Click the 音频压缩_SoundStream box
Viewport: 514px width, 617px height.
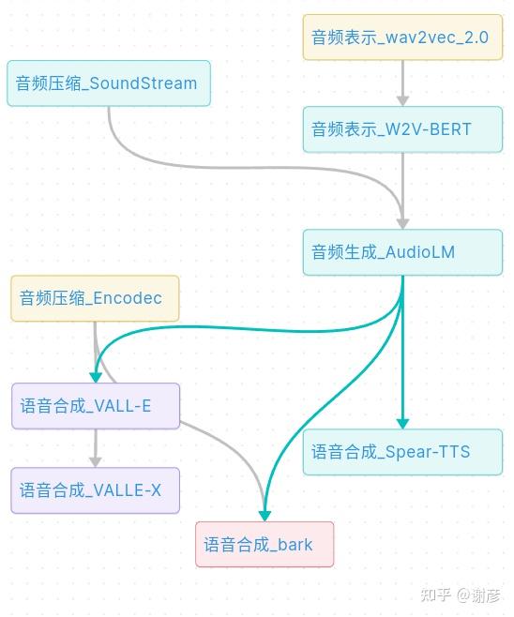tap(108, 83)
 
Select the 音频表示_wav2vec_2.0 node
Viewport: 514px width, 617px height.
tap(402, 38)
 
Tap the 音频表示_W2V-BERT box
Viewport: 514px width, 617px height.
tap(402, 129)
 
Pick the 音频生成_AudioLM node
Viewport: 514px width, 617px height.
tap(402, 252)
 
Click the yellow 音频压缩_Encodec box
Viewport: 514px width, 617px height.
tap(95, 299)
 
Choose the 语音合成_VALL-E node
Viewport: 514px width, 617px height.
tap(95, 407)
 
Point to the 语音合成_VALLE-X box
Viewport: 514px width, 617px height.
tap(95, 490)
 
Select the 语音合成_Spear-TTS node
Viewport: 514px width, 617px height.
tap(402, 452)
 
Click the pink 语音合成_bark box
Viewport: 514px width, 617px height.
tap(265, 545)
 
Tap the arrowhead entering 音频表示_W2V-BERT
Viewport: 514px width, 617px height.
tap(402, 99)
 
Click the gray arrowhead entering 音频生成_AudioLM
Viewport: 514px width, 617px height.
tap(402, 223)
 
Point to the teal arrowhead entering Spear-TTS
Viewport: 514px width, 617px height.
tap(402, 423)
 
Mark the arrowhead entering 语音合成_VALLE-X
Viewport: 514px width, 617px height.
tap(95, 461)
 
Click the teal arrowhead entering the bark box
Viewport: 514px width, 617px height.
tap(265, 515)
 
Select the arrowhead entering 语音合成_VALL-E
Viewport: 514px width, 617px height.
tap(95, 377)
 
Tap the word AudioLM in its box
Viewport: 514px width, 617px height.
tap(420, 252)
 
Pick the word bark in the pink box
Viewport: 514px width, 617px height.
tap(295, 545)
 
